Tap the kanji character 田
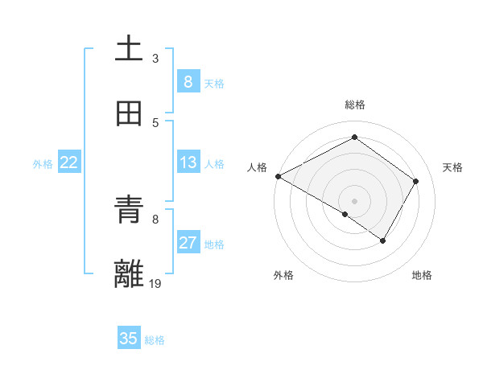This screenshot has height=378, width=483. pyautogui.click(x=129, y=114)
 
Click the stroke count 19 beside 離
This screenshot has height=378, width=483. pyautogui.click(x=155, y=282)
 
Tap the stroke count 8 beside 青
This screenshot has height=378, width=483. pyautogui.click(x=155, y=218)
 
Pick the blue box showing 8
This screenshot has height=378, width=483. pyautogui.click(x=188, y=81)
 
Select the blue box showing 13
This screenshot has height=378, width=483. pyautogui.click(x=188, y=162)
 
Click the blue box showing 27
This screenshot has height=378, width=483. pyautogui.click(x=188, y=243)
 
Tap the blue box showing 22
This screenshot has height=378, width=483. pyautogui.click(x=69, y=162)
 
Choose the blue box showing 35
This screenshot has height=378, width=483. pyautogui.click(x=129, y=339)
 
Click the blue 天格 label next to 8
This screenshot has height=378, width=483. pyautogui.click(x=214, y=83)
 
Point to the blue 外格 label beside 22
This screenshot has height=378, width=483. pyautogui.click(x=43, y=163)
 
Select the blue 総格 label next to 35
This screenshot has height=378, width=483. pyautogui.click(x=155, y=340)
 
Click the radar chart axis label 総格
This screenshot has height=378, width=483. pyautogui.click(x=354, y=105)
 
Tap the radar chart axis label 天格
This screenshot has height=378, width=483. pyautogui.click(x=452, y=167)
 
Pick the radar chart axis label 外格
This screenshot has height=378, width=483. pyautogui.click(x=283, y=275)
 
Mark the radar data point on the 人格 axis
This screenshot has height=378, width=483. pyautogui.click(x=278, y=176)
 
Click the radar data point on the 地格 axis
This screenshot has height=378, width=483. pyautogui.click(x=383, y=240)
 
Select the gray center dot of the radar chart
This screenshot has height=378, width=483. pyautogui.click(x=354, y=200)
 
